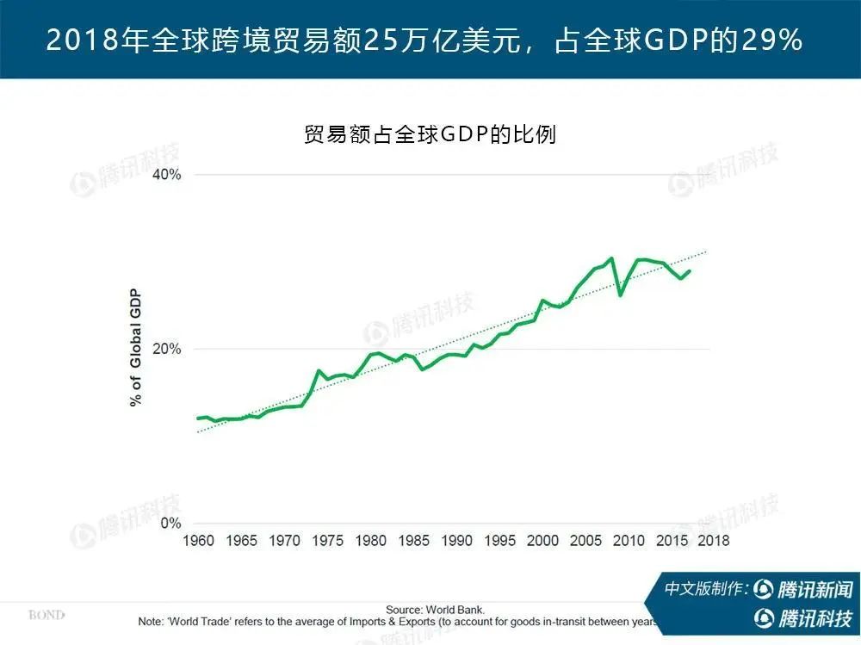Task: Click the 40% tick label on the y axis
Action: tap(166, 175)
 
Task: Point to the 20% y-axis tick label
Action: tap(166, 350)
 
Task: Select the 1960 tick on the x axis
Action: tap(199, 541)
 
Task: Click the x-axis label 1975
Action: tap(328, 541)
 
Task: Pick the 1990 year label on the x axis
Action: tap(456, 541)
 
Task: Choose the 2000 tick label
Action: tap(542, 541)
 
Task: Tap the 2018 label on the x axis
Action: tap(713, 541)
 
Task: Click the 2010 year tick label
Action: tap(629, 541)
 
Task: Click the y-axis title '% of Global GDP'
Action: tap(136, 350)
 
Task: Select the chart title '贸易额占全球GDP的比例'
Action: tap(430, 134)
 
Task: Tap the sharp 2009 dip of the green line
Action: tap(620, 295)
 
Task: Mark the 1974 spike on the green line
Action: tap(319, 370)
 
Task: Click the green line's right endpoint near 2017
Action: tap(690, 271)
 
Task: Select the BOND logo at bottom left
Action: tap(46, 615)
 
